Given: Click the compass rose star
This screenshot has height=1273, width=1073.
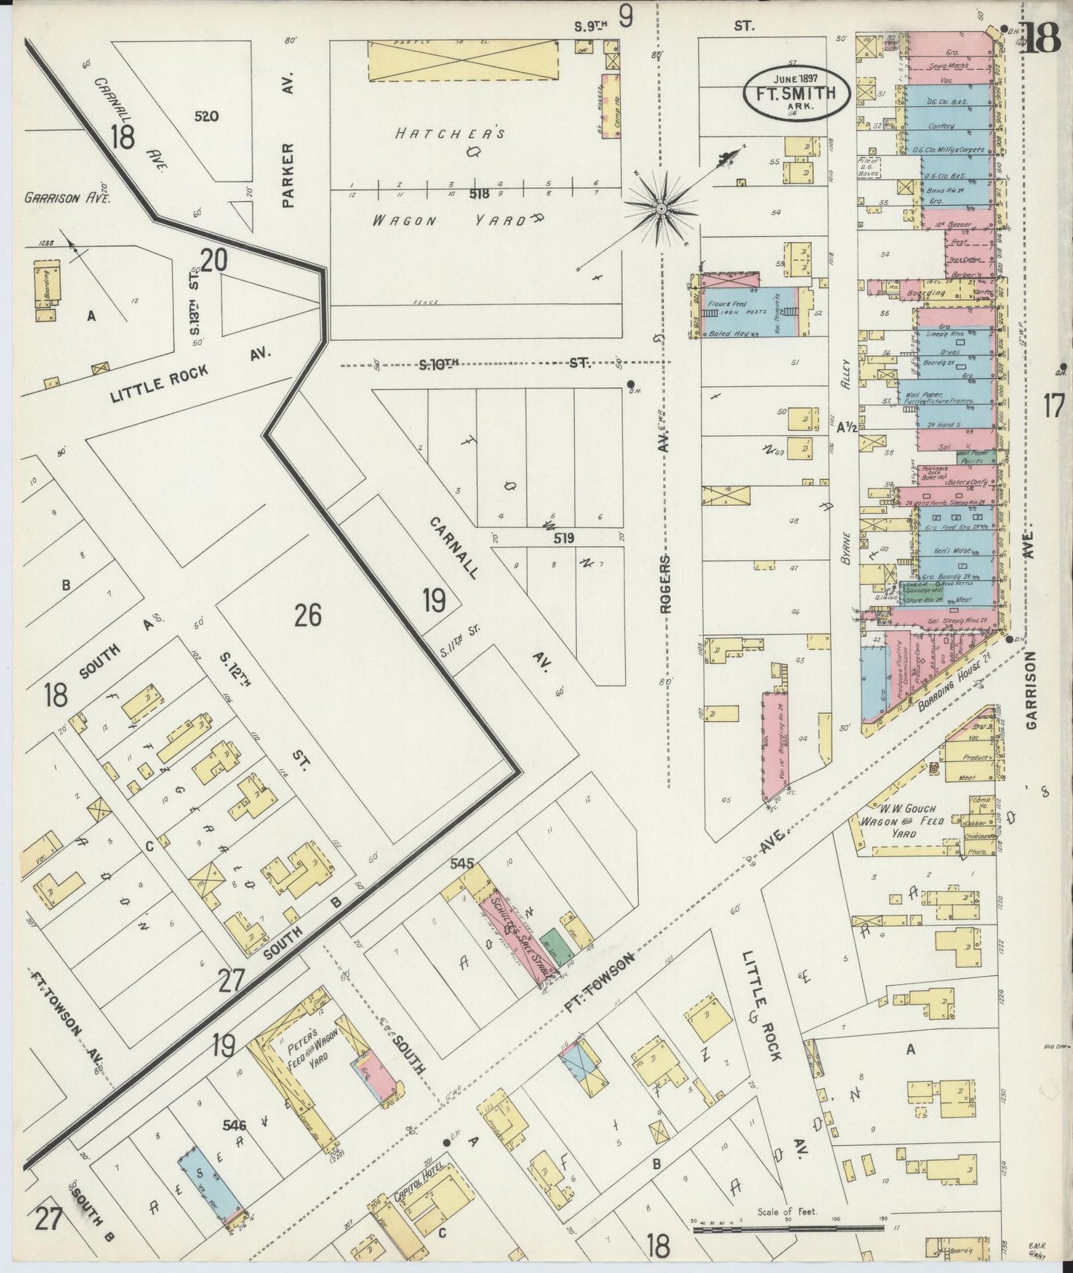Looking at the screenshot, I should click(660, 209).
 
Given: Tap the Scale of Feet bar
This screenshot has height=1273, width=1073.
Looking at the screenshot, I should click(786, 1230).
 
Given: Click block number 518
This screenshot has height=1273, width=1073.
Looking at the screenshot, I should click(479, 194).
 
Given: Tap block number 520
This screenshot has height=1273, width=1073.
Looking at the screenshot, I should click(207, 117).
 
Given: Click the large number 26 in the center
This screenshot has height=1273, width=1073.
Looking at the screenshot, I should click(307, 615).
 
